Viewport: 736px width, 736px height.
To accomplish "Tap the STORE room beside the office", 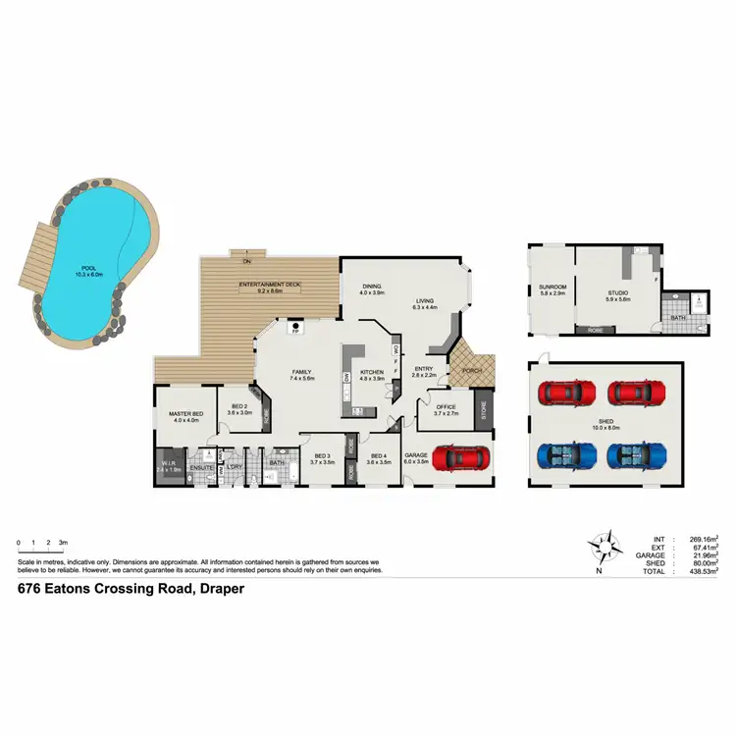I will (482, 408).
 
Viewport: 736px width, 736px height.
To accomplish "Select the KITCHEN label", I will (371, 374).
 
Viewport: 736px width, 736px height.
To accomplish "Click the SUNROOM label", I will (552, 289).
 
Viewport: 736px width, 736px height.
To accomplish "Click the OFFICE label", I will (447, 409).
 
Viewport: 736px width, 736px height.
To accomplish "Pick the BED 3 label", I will (323, 456).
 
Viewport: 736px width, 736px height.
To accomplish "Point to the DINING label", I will (371, 289).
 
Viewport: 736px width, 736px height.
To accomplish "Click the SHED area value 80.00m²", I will (702, 562).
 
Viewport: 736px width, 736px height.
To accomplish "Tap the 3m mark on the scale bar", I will (63, 543).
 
